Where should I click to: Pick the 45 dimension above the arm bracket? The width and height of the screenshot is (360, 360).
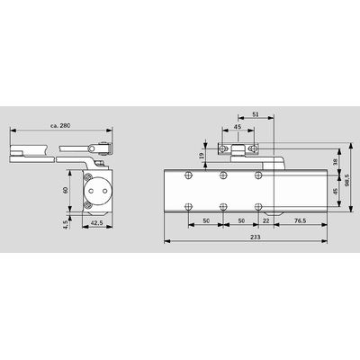238,126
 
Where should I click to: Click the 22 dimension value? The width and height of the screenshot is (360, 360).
266,220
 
